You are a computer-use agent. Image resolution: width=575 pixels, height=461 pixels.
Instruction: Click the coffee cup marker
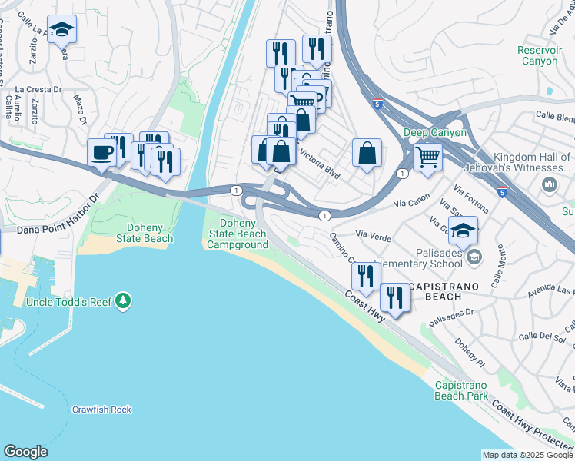[x=102, y=152]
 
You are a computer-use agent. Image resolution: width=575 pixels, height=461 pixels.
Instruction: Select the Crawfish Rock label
[x=101, y=410]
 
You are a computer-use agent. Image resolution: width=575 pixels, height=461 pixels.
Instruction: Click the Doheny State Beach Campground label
[x=237, y=234]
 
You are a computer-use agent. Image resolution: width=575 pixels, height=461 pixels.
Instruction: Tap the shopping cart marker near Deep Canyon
[x=427, y=157]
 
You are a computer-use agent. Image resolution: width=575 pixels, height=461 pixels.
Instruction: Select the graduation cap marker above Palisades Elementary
[x=464, y=230]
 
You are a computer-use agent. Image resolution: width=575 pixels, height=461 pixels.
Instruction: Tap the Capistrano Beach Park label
[x=461, y=390]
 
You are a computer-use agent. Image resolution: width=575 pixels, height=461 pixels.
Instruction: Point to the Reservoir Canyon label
[x=538, y=55]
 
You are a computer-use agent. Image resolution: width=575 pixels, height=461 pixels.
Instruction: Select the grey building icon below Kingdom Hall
[x=550, y=185]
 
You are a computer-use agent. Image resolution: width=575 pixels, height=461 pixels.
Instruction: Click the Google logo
[x=25, y=452]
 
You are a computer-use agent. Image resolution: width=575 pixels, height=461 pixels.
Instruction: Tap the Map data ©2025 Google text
[x=527, y=455]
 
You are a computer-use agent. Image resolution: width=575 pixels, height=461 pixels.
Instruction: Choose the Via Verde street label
[x=374, y=238]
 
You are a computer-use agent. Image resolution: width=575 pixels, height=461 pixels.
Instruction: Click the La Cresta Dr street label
[x=38, y=89]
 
